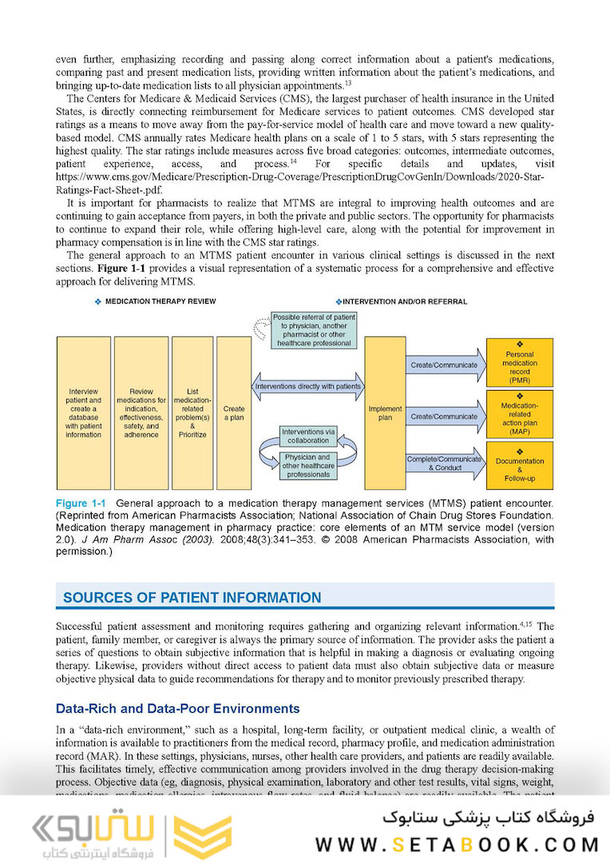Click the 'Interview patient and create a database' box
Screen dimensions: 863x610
84,413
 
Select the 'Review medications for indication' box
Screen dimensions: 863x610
141,413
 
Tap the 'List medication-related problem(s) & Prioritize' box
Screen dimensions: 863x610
192,413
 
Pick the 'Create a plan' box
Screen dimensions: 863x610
234,413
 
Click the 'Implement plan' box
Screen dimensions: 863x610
385,413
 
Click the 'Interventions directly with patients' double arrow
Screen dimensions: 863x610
308,386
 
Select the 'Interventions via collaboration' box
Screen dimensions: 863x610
308,435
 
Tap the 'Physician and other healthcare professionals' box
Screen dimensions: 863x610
308,466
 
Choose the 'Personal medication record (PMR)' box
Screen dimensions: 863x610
519,364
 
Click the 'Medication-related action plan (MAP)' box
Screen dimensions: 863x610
519,414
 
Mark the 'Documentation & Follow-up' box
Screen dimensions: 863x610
519,465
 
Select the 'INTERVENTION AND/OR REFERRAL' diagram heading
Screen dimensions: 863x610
402,301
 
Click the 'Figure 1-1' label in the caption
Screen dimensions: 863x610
81,503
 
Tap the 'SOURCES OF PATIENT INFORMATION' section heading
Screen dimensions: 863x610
192,598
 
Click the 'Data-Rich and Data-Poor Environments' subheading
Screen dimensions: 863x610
177,709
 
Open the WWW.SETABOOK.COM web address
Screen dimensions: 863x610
457,844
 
